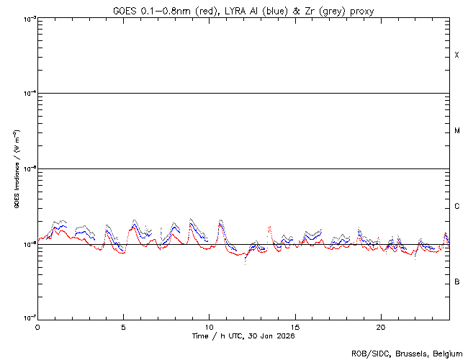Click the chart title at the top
(x=243, y=10)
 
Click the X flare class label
(x=456, y=55)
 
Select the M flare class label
(x=456, y=131)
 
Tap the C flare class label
(x=456, y=207)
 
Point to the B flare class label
(x=456, y=282)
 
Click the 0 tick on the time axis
(x=37, y=327)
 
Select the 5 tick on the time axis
(x=123, y=327)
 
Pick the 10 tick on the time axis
(x=209, y=327)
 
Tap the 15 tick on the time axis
(x=295, y=327)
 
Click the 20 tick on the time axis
(x=381, y=327)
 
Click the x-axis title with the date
(x=243, y=336)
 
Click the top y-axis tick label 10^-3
(x=27, y=18)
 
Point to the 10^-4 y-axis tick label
(x=27, y=94)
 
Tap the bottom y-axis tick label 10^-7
(x=27, y=319)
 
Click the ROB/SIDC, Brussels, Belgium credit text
(x=406, y=354)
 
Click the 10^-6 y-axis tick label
(x=27, y=244)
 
